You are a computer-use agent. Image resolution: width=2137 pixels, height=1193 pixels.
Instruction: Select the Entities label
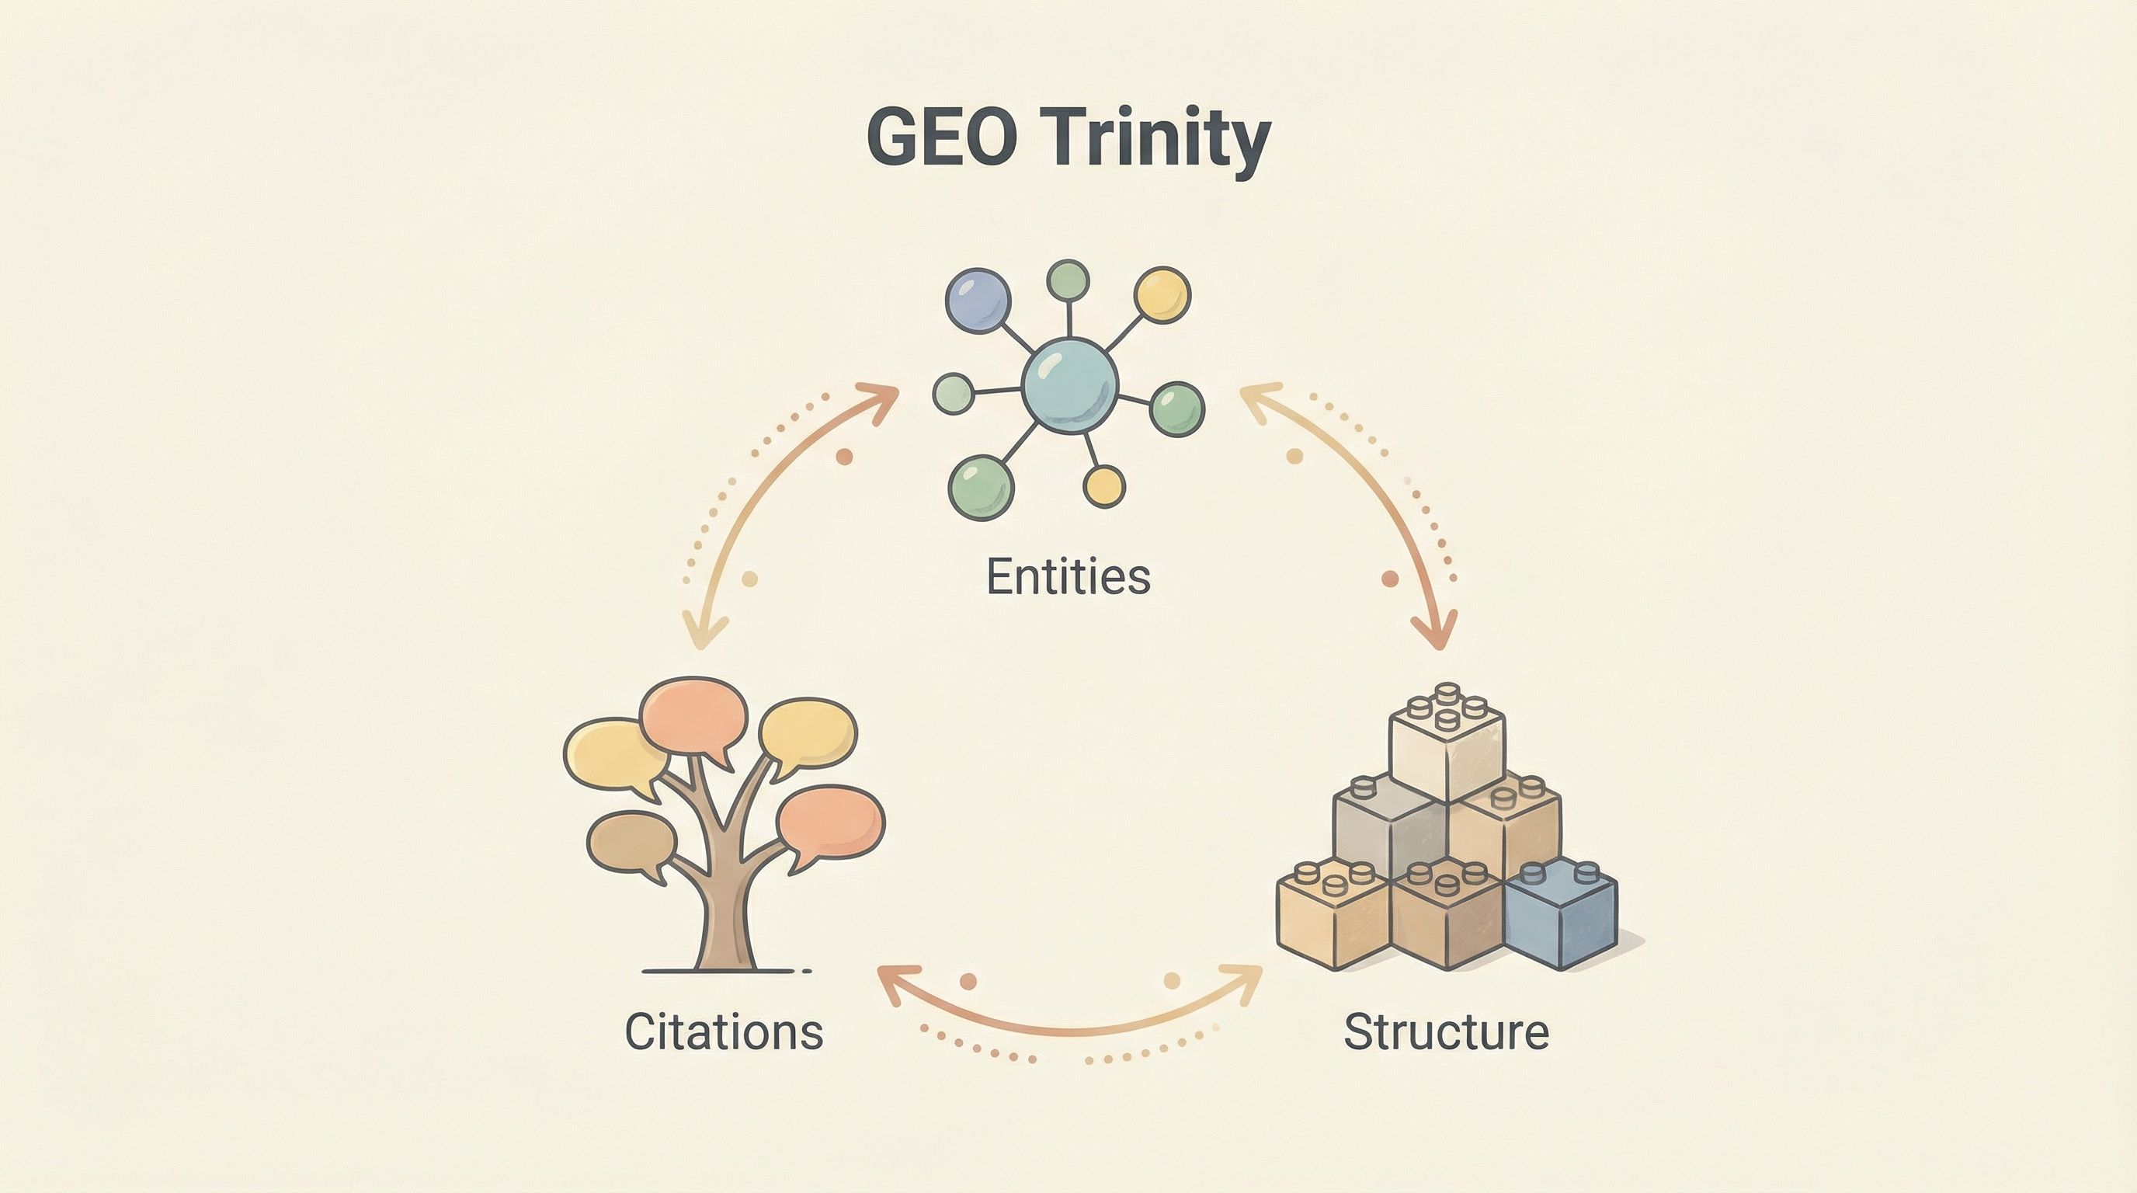tap(1068, 576)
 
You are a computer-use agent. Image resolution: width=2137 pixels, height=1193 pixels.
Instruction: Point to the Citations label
tap(724, 1031)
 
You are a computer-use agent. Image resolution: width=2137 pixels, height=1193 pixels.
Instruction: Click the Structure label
tap(1446, 1031)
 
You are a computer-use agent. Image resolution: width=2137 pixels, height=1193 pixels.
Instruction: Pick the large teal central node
tap(1069, 385)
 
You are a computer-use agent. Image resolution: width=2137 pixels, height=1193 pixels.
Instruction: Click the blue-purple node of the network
tap(978, 301)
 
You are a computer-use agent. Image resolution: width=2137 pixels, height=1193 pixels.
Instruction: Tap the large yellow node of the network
tap(1162, 294)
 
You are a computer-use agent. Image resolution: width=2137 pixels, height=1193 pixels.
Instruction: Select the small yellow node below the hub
tap(1104, 485)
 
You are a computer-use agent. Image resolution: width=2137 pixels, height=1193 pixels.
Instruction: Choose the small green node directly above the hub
tap(1068, 280)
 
